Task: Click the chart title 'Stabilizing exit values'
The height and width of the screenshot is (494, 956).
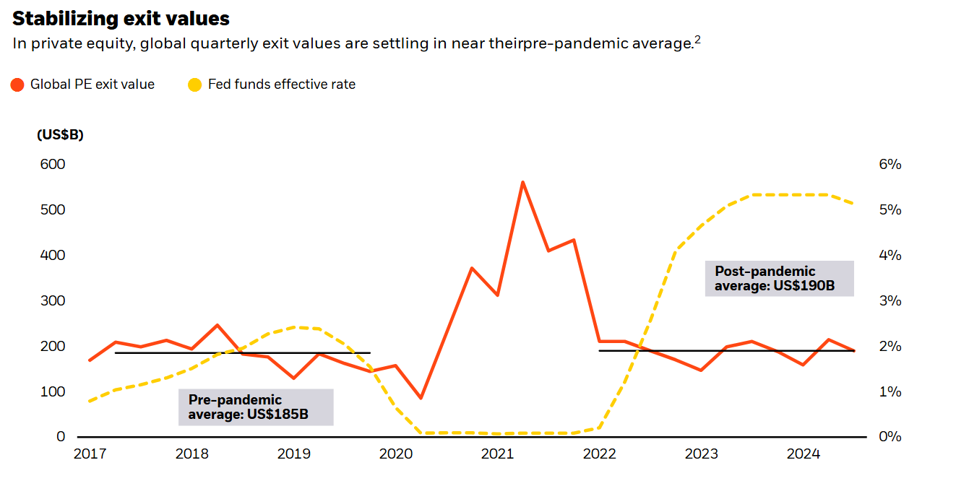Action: pyautogui.click(x=121, y=19)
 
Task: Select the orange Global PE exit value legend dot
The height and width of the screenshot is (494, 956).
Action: pyautogui.click(x=18, y=84)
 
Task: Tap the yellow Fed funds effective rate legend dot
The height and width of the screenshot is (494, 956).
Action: pyautogui.click(x=195, y=84)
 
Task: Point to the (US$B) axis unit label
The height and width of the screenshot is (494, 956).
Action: pyautogui.click(x=60, y=135)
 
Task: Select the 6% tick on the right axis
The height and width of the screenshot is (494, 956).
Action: pyautogui.click(x=890, y=165)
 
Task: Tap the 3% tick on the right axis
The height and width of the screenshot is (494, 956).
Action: pyautogui.click(x=890, y=300)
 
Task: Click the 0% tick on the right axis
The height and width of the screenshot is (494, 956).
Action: pyautogui.click(x=890, y=437)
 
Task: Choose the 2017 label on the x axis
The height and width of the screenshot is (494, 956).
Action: pyautogui.click(x=89, y=454)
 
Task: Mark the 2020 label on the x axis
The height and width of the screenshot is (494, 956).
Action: pyautogui.click(x=395, y=454)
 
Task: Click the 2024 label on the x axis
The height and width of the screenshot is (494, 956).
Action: pyautogui.click(x=803, y=454)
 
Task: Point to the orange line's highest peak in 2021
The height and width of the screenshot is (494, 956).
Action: pyautogui.click(x=522, y=182)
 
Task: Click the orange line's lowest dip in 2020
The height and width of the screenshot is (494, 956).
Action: pyautogui.click(x=421, y=398)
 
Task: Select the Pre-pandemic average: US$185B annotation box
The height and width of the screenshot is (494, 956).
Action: pyautogui.click(x=256, y=407)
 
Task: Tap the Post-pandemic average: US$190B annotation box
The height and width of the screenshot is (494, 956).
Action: pyautogui.click(x=779, y=279)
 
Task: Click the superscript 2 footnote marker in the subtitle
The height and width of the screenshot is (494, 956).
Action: pyautogui.click(x=697, y=40)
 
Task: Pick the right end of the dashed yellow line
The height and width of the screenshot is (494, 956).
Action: pyautogui.click(x=854, y=204)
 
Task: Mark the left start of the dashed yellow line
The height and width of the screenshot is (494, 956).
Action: pyautogui.click(x=90, y=401)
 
